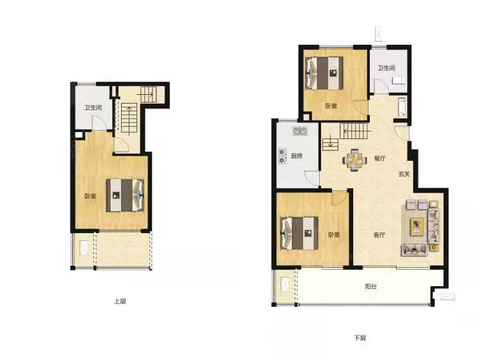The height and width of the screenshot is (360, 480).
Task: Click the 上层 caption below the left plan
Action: (120, 301)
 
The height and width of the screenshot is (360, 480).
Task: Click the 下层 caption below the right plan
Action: (360, 338)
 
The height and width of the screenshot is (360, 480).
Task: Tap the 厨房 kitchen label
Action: (296, 156)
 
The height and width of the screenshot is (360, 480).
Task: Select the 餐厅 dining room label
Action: (379, 158)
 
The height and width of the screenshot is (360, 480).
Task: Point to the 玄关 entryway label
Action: (404, 174)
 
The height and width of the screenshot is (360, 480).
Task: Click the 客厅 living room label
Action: (379, 235)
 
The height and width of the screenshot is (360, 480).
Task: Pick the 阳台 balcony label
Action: (370, 286)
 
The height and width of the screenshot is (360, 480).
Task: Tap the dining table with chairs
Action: (354, 159)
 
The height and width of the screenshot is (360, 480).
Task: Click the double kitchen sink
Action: (300, 131)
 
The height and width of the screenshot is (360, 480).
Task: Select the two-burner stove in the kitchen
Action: (282, 156)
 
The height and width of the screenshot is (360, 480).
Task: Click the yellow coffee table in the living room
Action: (417, 227)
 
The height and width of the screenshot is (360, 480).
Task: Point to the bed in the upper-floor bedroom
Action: (125, 195)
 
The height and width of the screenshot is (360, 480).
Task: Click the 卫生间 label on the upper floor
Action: (94, 108)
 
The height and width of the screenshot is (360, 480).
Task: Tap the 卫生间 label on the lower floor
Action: (386, 68)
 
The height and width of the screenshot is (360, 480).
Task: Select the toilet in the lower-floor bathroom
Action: (399, 81)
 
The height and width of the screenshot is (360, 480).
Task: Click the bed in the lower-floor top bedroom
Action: (324, 73)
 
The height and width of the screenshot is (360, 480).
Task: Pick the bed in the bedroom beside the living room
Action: (299, 233)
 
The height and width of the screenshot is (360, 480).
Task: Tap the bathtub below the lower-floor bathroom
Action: (402, 108)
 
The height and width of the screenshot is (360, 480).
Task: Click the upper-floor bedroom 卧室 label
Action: (90, 196)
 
